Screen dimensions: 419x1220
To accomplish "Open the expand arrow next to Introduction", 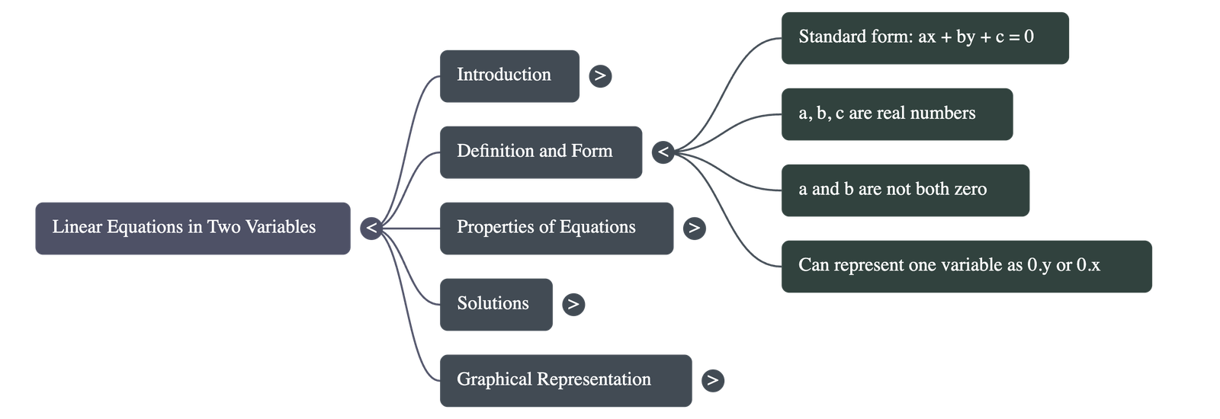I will (600, 75).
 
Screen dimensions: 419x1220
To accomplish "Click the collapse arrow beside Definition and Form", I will (663, 152).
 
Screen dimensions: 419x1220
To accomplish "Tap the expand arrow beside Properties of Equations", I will (694, 228).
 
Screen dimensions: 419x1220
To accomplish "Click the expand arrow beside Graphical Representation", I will (712, 380).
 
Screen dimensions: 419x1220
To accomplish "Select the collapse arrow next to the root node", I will (371, 228).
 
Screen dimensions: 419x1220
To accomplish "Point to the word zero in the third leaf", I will (970, 189).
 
